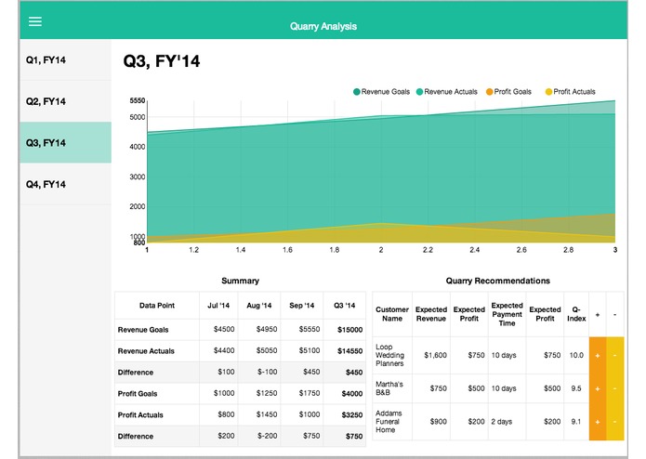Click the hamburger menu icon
click(35, 20)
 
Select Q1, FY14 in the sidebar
click(46, 60)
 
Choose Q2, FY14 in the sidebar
click(46, 101)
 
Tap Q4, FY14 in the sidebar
click(46, 184)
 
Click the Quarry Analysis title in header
click(323, 27)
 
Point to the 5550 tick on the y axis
click(137, 100)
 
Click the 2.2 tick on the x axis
click(428, 250)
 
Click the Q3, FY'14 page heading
click(162, 62)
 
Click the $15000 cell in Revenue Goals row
click(349, 329)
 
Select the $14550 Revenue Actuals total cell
click(349, 350)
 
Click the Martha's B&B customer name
click(390, 388)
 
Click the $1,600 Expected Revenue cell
click(430, 354)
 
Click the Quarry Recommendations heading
click(497, 281)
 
